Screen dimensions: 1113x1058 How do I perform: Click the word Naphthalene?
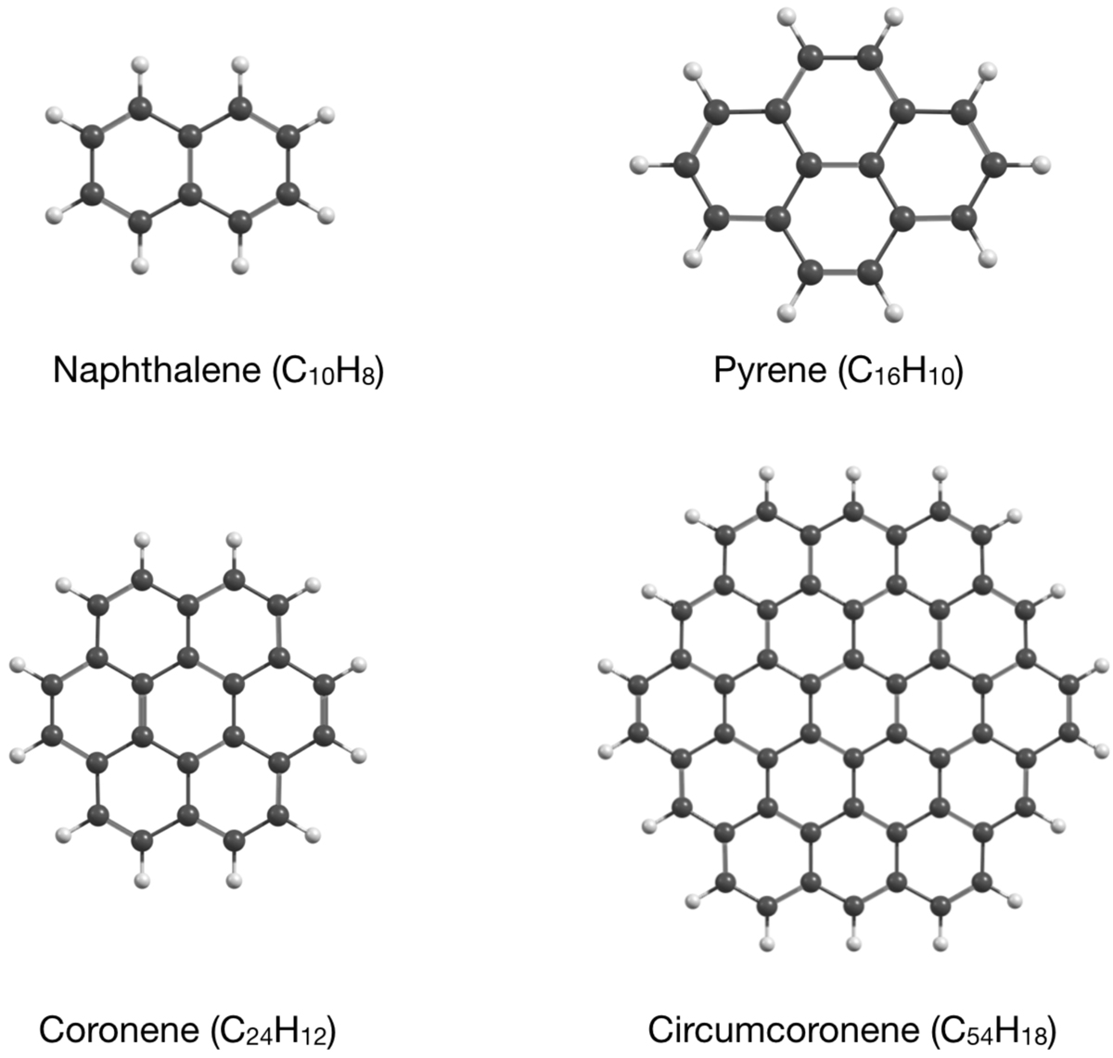click(x=157, y=370)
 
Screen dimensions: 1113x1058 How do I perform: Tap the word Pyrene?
click(x=770, y=370)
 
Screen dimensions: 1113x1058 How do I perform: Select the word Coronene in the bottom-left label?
click(x=119, y=1029)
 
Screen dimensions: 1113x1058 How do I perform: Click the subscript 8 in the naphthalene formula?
click(x=368, y=377)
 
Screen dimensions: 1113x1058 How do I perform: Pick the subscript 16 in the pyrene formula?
click(x=887, y=377)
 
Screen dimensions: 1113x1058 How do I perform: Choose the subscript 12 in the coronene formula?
click(x=313, y=1036)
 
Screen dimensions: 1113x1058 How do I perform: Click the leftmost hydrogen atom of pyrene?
click(x=638, y=165)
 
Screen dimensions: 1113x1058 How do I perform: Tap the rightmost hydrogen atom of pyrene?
click(x=1042, y=165)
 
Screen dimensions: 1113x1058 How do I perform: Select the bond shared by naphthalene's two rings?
click(x=189, y=165)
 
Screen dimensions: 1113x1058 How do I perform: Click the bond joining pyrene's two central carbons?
click(x=839, y=165)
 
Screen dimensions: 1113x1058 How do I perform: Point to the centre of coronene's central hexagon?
click(x=188, y=711)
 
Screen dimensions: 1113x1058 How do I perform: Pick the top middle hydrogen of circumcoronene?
click(x=853, y=473)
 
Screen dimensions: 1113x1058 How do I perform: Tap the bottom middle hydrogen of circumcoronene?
click(x=853, y=944)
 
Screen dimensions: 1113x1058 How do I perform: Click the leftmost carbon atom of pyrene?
click(x=686, y=165)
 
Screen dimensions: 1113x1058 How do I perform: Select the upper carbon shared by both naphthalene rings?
click(x=189, y=137)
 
